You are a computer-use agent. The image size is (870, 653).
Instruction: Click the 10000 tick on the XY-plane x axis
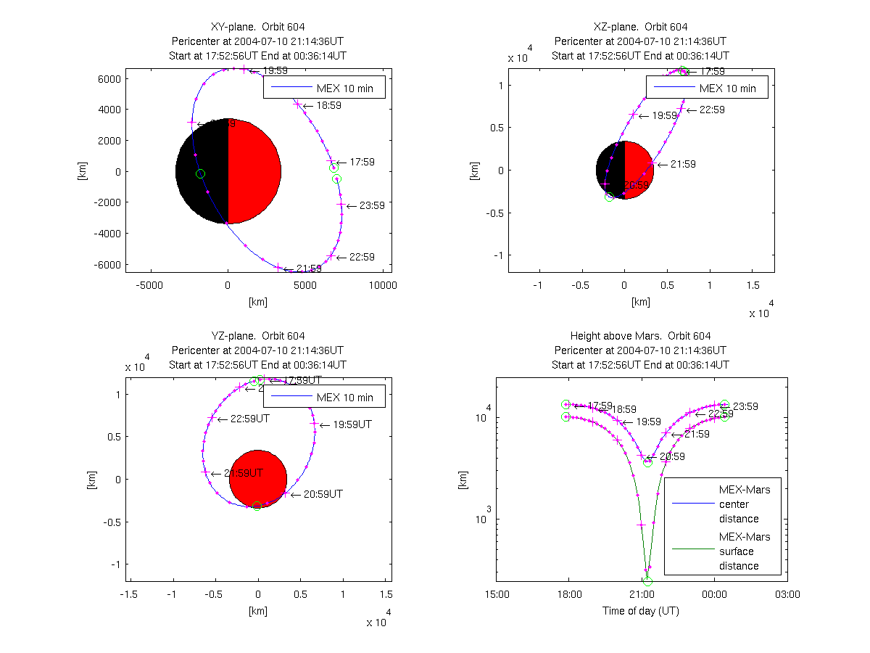pyautogui.click(x=382, y=285)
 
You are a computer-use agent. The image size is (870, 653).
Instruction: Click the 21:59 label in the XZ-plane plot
pyautogui.click(x=682, y=164)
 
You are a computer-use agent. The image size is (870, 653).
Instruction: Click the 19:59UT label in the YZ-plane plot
pyautogui.click(x=352, y=424)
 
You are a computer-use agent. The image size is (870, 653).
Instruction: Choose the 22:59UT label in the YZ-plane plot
pyautogui.click(x=250, y=419)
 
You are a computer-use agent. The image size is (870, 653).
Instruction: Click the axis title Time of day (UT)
pyautogui.click(x=641, y=611)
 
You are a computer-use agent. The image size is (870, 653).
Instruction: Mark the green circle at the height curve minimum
pyautogui.click(x=647, y=580)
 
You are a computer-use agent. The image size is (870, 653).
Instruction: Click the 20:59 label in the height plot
pyautogui.click(x=671, y=456)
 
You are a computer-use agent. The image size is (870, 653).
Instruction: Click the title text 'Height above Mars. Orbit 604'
pyautogui.click(x=641, y=336)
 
